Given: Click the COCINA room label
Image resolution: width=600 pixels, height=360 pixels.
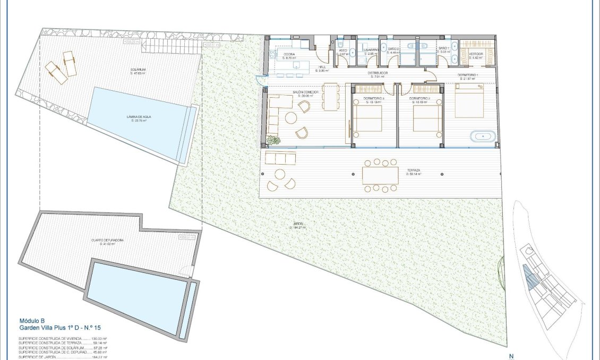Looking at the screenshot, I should pyautogui.click(x=289, y=54).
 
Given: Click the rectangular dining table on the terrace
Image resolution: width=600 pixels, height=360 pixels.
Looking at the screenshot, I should pyautogui.click(x=380, y=175).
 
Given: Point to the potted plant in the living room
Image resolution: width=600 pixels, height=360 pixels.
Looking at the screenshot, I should pyautogui.click(x=273, y=141).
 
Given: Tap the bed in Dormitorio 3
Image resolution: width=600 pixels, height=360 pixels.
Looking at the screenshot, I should pyautogui.click(x=367, y=117).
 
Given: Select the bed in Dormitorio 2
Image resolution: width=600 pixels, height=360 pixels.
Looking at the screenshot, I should pyautogui.click(x=427, y=117).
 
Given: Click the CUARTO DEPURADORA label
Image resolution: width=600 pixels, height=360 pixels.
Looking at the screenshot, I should pyautogui.click(x=108, y=240).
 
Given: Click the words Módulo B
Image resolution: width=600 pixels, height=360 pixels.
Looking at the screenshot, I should pyautogui.click(x=31, y=321).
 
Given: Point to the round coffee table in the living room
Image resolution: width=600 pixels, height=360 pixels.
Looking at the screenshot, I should pyautogui.click(x=290, y=118).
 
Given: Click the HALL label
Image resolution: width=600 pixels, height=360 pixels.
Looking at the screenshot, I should pyautogui.click(x=322, y=67).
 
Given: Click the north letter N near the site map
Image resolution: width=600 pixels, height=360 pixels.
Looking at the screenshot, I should pyautogui.click(x=511, y=357).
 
